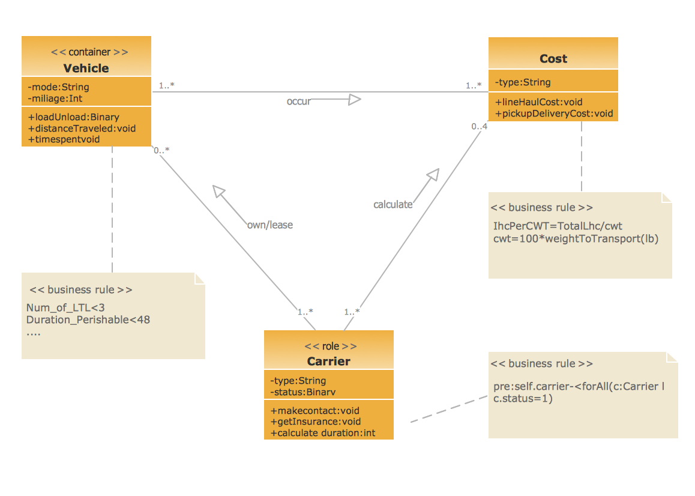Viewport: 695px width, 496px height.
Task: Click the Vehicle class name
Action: (86, 68)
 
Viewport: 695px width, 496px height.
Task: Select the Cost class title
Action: (553, 59)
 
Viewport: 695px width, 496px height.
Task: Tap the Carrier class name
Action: (328, 361)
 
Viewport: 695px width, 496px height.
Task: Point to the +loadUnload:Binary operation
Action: (73, 117)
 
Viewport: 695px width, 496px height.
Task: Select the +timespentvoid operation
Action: (64, 139)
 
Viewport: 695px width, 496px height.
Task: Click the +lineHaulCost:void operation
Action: (538, 102)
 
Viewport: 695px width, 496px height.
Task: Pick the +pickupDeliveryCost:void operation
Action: (553, 113)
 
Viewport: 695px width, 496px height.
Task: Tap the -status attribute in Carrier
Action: (302, 392)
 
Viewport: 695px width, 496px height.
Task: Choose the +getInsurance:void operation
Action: (315, 422)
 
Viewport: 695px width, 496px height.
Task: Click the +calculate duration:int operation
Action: (322, 433)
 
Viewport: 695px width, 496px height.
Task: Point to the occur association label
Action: (298, 101)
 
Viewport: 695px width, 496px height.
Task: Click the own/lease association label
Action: (269, 225)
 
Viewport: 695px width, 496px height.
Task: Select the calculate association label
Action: (393, 205)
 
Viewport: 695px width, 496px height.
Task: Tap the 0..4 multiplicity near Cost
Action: (479, 127)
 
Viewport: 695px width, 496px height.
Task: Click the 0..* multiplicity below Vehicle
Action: (161, 151)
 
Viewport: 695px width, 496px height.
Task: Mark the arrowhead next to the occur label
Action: (355, 100)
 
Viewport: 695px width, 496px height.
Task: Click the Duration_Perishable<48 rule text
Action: (88, 319)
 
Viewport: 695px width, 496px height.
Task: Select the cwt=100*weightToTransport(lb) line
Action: (576, 238)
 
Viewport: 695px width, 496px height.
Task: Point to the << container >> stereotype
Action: (89, 52)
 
